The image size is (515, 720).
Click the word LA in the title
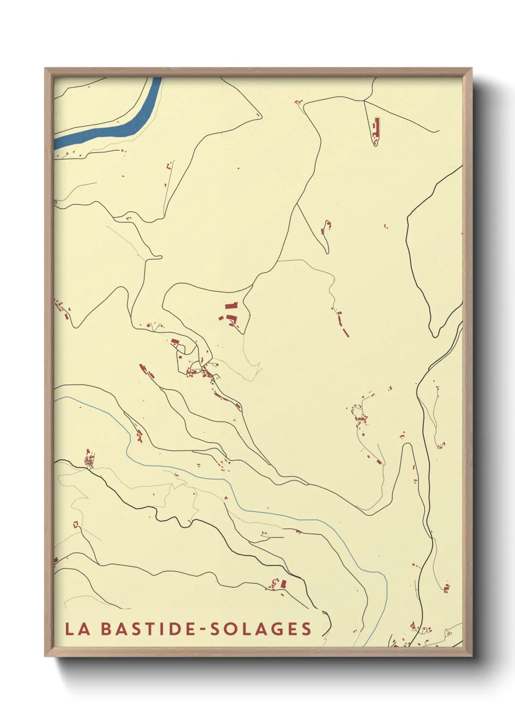[77, 629]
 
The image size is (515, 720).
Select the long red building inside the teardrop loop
[375, 128]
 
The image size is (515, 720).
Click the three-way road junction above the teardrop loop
[364, 100]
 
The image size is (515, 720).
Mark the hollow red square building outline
[75, 524]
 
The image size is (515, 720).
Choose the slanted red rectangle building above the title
[283, 583]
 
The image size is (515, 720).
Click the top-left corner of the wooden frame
[45, 69]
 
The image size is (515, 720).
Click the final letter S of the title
[306, 629]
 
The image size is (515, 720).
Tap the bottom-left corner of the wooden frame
[45, 656]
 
